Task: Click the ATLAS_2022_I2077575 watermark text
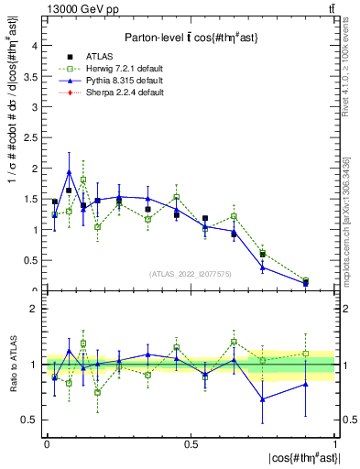pos(191,273)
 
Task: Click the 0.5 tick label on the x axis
pos(191,443)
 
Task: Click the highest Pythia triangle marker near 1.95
pos(69,171)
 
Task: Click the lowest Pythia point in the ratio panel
pos(263,398)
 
